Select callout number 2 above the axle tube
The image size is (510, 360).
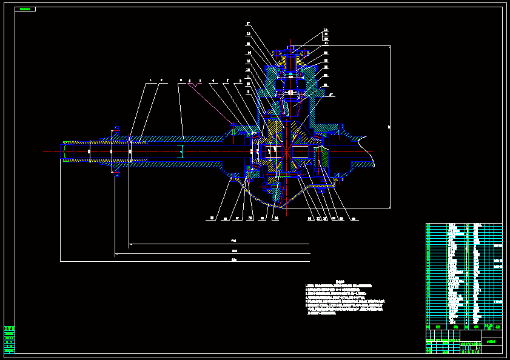161,80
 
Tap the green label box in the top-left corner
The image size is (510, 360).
25,9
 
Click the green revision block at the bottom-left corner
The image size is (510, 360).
9,339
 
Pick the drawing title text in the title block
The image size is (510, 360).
491,342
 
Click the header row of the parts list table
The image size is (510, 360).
464,327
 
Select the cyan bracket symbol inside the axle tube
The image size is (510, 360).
180,151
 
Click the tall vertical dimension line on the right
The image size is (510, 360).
390,127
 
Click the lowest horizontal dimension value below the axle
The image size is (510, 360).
234,259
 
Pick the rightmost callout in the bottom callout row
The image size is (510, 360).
354,218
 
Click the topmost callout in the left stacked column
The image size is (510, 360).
248,24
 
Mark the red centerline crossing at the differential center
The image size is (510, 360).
284,152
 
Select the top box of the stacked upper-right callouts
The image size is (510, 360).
325,30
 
